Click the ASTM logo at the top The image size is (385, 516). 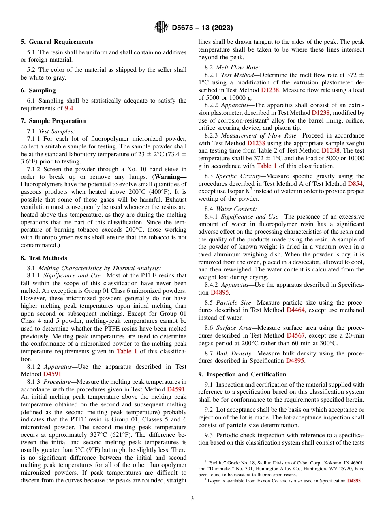[161, 28]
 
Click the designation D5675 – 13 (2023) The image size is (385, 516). [202, 28]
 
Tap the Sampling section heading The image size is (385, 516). [42, 90]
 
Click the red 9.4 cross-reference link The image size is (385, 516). [69, 108]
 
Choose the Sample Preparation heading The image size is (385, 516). [57, 121]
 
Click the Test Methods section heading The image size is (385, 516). [48, 258]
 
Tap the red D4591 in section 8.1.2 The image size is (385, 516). [52, 374]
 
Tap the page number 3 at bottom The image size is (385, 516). [192, 499]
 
